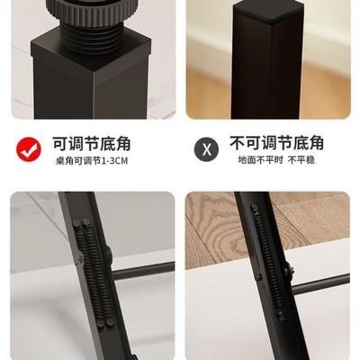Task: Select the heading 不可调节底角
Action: [x=277, y=143]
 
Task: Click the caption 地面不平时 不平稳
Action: [x=277, y=161]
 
